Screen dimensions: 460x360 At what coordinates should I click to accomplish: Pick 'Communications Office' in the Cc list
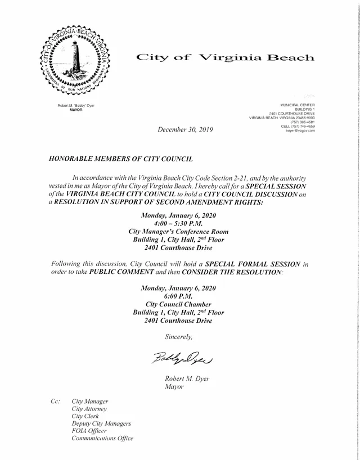[x=103, y=438]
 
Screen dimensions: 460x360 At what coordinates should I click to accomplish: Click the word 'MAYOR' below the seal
[x=75, y=110]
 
